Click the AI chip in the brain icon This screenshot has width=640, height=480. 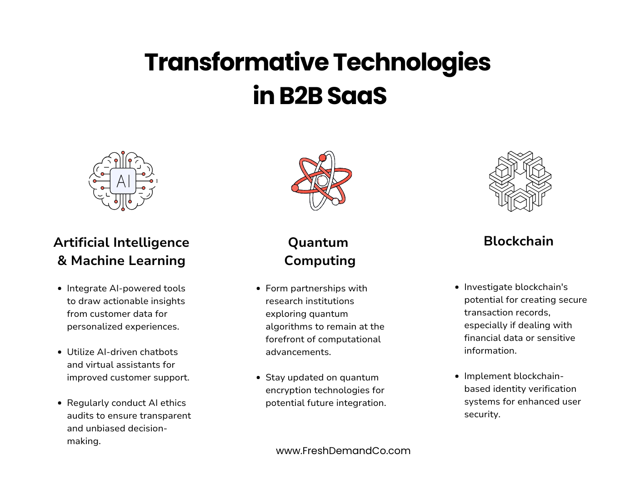tap(123, 181)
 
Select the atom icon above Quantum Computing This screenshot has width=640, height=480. tap(321, 180)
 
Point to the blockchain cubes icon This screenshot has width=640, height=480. tap(520, 181)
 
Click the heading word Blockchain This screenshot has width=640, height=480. tap(519, 241)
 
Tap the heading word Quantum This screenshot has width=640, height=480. tap(318, 242)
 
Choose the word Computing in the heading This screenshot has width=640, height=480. tap(320, 260)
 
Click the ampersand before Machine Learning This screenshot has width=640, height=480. tap(62, 260)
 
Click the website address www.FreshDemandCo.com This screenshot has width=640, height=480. tap(343, 450)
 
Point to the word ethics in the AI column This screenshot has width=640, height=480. tap(173, 403)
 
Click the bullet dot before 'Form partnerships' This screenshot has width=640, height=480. tap(258, 289)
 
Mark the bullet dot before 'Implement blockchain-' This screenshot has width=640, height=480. tap(457, 376)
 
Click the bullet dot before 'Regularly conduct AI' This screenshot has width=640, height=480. tap(60, 403)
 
